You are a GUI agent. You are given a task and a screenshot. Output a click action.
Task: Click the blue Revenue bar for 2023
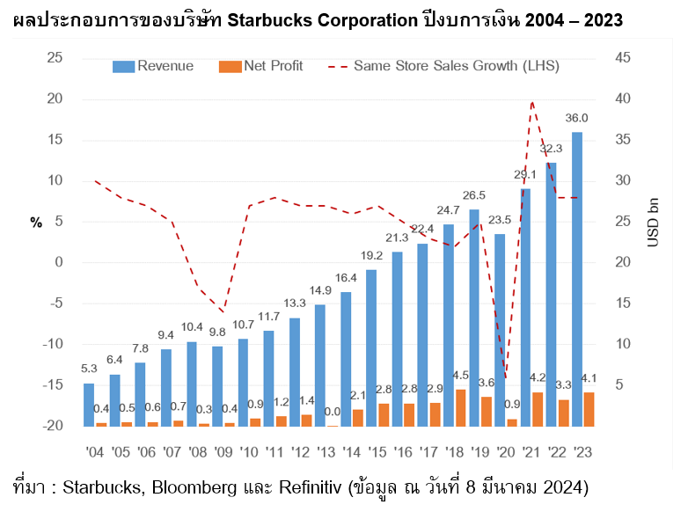pyautogui.click(x=577, y=280)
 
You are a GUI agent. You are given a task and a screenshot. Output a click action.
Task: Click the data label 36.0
pyautogui.click(x=577, y=119)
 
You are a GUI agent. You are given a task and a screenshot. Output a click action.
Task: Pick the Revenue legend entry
pyautogui.click(x=153, y=66)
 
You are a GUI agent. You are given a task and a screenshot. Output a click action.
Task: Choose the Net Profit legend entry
pyautogui.click(x=267, y=66)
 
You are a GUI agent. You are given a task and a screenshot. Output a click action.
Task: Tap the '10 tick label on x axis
pyautogui.click(x=248, y=452)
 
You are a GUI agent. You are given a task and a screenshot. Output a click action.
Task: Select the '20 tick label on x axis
pyautogui.click(x=506, y=452)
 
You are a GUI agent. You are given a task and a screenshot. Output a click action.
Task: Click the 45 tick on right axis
pyautogui.click(x=623, y=58)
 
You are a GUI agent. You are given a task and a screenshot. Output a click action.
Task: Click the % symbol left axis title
pyautogui.click(x=36, y=223)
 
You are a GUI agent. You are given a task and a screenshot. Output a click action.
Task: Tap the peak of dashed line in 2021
pyautogui.click(x=532, y=102)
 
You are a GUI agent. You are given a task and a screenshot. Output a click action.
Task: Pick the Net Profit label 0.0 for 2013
pyautogui.click(x=333, y=412)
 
